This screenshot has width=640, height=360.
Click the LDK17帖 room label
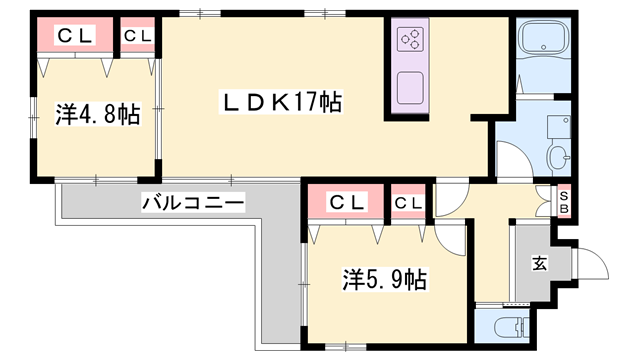click(282, 102)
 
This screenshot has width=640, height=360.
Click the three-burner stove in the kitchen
click(411, 40)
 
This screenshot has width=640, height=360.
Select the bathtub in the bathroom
click(544, 45)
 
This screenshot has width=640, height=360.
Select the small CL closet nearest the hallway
click(408, 203)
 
